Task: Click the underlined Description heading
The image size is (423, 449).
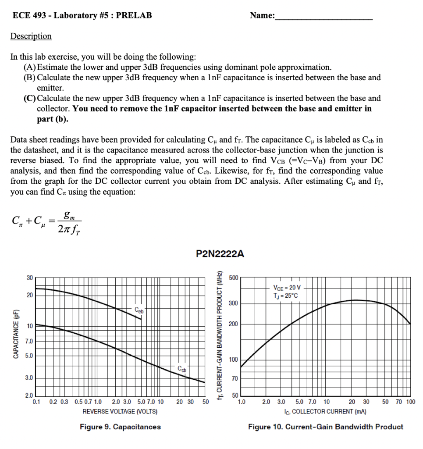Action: coord(31,36)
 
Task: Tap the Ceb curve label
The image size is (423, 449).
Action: coord(139,310)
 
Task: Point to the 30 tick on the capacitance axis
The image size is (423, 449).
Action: coord(29,278)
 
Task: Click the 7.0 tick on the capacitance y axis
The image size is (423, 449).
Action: coord(28,341)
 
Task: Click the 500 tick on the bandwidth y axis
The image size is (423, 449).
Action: coord(233,278)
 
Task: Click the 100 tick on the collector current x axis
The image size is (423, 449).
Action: coord(410,402)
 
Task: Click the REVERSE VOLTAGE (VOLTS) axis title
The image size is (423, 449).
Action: coord(120,412)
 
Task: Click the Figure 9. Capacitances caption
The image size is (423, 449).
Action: coord(120,427)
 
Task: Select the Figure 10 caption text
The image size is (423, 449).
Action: coord(326,427)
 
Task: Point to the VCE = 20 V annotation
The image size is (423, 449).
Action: coord(287,288)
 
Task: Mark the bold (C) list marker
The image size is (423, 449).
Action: coord(30,98)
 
